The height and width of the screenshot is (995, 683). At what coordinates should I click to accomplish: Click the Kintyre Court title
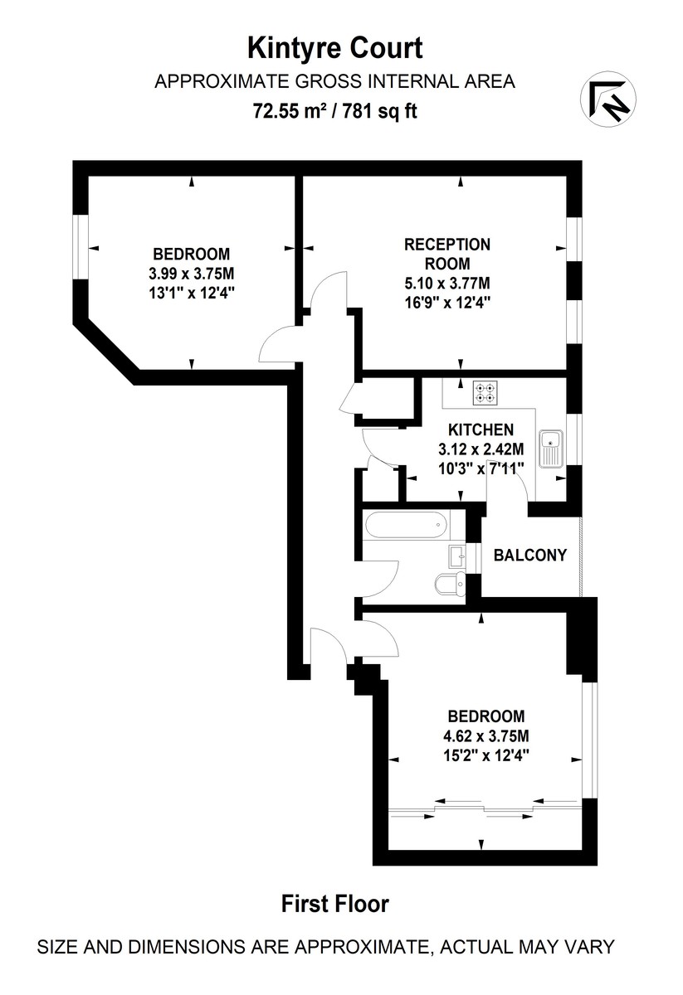pyautogui.click(x=335, y=48)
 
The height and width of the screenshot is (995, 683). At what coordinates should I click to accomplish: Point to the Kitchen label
pyautogui.click(x=481, y=430)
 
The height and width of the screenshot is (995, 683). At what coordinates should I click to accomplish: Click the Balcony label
pyautogui.click(x=529, y=555)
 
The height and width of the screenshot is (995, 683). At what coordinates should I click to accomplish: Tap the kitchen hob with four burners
pyautogui.click(x=485, y=391)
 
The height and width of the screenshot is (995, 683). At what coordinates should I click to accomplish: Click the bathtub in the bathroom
pyautogui.click(x=405, y=523)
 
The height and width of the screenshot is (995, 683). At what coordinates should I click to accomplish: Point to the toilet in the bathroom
pyautogui.click(x=449, y=585)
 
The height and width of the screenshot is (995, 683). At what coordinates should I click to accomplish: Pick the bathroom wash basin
pyautogui.click(x=457, y=555)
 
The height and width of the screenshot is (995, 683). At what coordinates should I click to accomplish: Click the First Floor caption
pyautogui.click(x=335, y=904)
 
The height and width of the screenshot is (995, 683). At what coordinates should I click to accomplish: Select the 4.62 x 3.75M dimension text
pyautogui.click(x=486, y=735)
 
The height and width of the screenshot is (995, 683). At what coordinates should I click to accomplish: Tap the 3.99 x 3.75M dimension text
pyautogui.click(x=191, y=273)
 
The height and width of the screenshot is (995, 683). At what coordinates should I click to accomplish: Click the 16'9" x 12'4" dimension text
pyautogui.click(x=446, y=302)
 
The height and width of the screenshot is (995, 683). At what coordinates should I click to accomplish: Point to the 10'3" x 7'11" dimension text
pyautogui.click(x=481, y=466)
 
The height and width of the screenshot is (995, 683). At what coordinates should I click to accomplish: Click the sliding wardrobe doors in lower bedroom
pyautogui.click(x=485, y=808)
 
